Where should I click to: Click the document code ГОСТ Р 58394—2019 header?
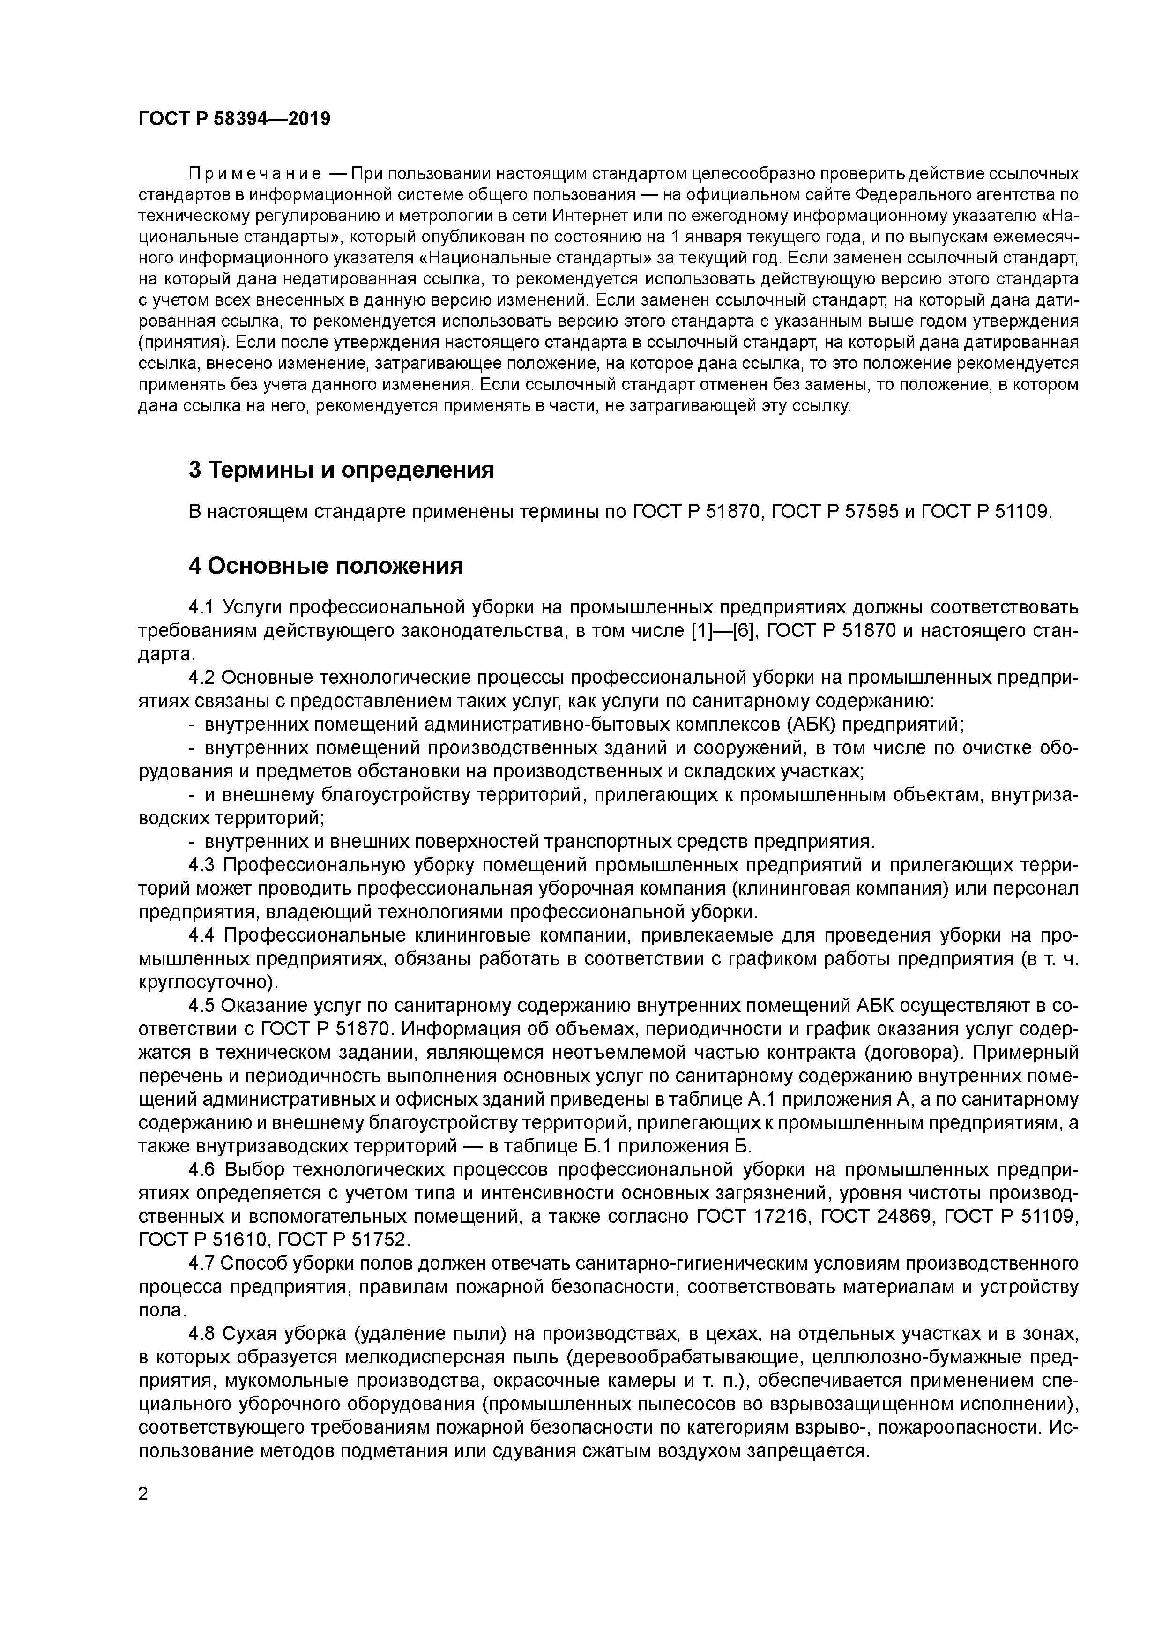tap(234, 119)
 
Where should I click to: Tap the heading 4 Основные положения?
tap(326, 566)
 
